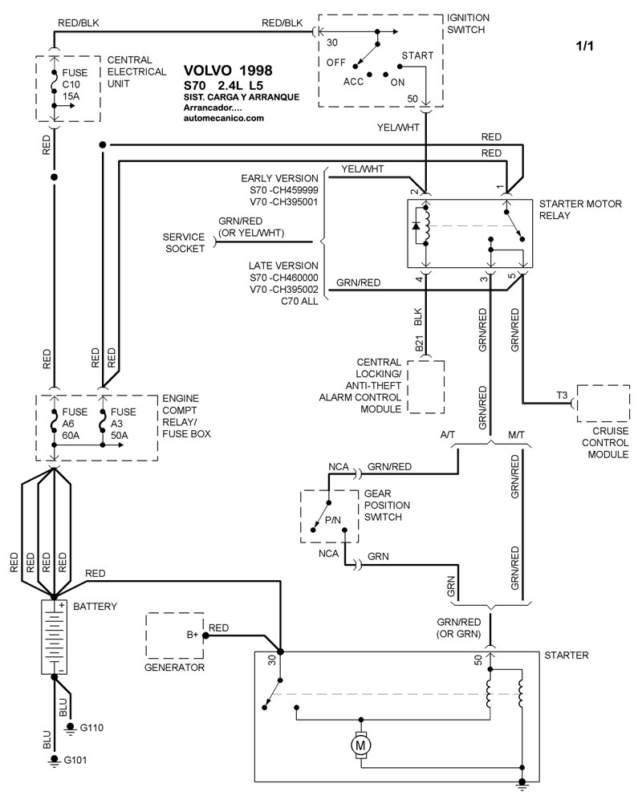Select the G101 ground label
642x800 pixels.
[75, 759]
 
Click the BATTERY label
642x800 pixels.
[95, 607]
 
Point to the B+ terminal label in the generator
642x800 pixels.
[193, 635]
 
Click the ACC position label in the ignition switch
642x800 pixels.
[354, 81]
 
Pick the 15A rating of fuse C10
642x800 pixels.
[72, 94]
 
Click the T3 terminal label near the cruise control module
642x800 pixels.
[562, 395]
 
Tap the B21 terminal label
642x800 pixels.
[419, 345]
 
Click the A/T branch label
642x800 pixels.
[450, 434]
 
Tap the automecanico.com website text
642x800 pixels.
[223, 118]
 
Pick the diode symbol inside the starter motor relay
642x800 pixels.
[416, 225]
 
